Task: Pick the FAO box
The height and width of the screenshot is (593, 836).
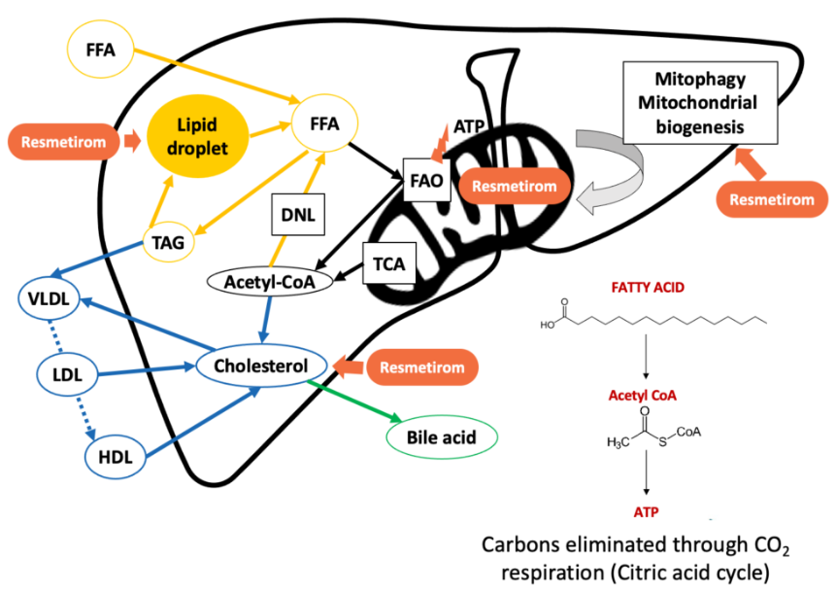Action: point(426,179)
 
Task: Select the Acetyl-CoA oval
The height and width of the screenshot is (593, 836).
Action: point(268,281)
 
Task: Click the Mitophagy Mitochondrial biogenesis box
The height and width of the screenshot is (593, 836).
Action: point(691,102)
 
